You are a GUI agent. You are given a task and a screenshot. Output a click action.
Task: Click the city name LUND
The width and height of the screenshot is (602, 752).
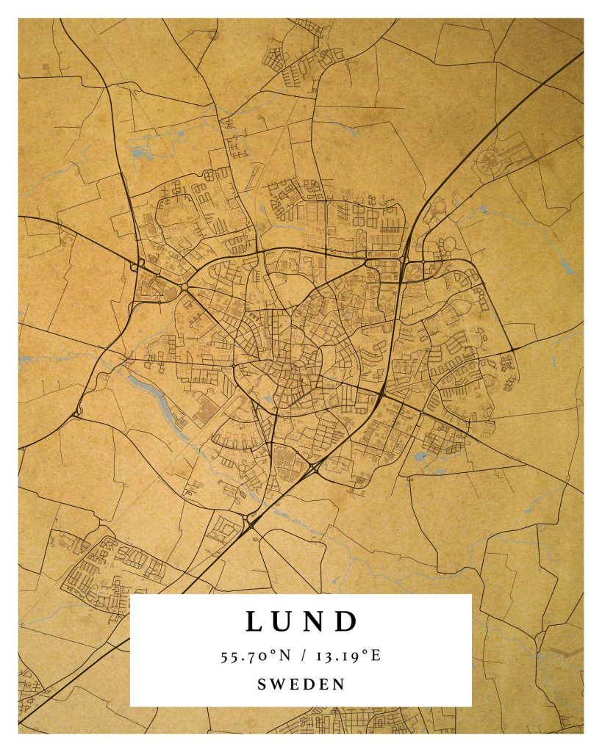point(301,621)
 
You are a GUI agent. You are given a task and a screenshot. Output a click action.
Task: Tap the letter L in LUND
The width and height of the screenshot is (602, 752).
point(254,622)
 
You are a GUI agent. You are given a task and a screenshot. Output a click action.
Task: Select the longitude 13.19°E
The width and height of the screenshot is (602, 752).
point(348,656)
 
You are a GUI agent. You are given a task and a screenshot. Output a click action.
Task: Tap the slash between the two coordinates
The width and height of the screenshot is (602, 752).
point(305,656)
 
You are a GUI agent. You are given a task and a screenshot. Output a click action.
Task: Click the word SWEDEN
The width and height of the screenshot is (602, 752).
point(301,684)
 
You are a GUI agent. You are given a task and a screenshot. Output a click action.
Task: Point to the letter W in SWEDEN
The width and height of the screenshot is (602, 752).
point(277,684)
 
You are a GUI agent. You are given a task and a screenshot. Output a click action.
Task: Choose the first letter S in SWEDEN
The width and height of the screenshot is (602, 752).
point(262,684)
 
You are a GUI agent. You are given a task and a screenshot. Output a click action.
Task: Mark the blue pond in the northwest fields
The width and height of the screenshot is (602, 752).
point(139,153)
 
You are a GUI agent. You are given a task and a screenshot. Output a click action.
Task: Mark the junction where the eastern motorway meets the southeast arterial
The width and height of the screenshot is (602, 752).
point(381,397)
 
